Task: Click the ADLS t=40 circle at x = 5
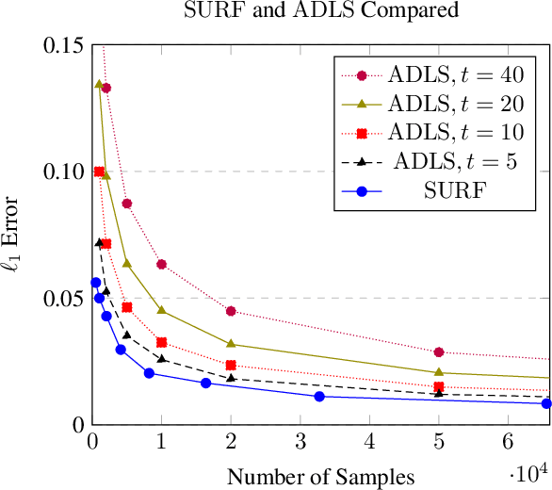click(439, 352)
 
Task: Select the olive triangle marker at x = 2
click(231, 344)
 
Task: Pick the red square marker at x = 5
click(439, 386)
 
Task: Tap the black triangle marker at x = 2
click(231, 378)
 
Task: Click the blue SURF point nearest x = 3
click(319, 396)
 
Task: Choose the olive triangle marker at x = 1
click(162, 310)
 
